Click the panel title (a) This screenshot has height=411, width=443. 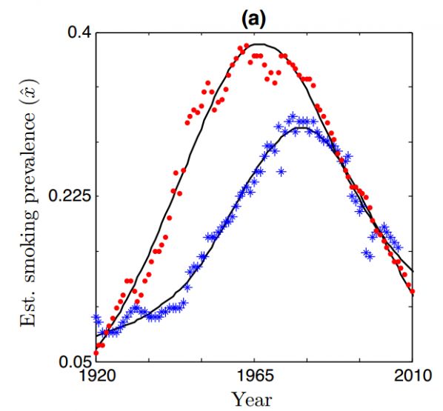[253, 19]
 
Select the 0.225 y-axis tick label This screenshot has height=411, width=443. [70, 196]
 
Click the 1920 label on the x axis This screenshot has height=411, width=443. [96, 375]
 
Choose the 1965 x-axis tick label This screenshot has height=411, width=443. [255, 375]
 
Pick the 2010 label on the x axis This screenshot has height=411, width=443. [413, 375]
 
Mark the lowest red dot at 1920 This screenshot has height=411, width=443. [96, 352]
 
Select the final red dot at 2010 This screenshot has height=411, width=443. [412, 291]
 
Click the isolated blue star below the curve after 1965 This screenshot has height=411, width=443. [281, 171]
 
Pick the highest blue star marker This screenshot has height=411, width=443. [293, 116]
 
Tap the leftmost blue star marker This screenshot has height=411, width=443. [96, 317]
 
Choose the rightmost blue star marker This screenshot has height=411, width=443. [398, 248]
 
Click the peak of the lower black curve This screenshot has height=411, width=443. [300, 128]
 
